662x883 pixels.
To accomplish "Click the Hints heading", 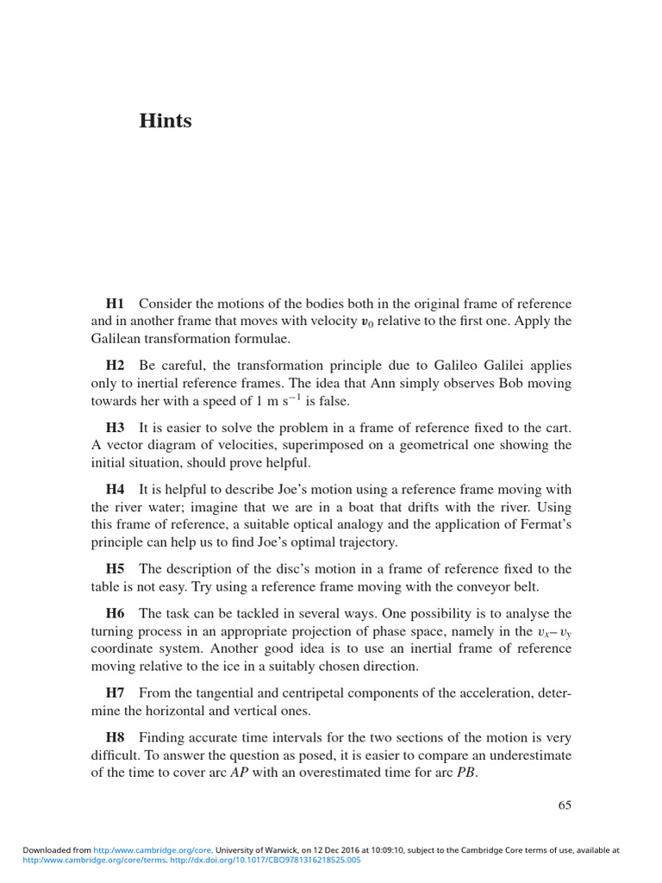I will click(165, 121).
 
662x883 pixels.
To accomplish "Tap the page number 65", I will click(565, 806).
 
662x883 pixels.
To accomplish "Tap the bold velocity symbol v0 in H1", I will click(366, 322).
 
